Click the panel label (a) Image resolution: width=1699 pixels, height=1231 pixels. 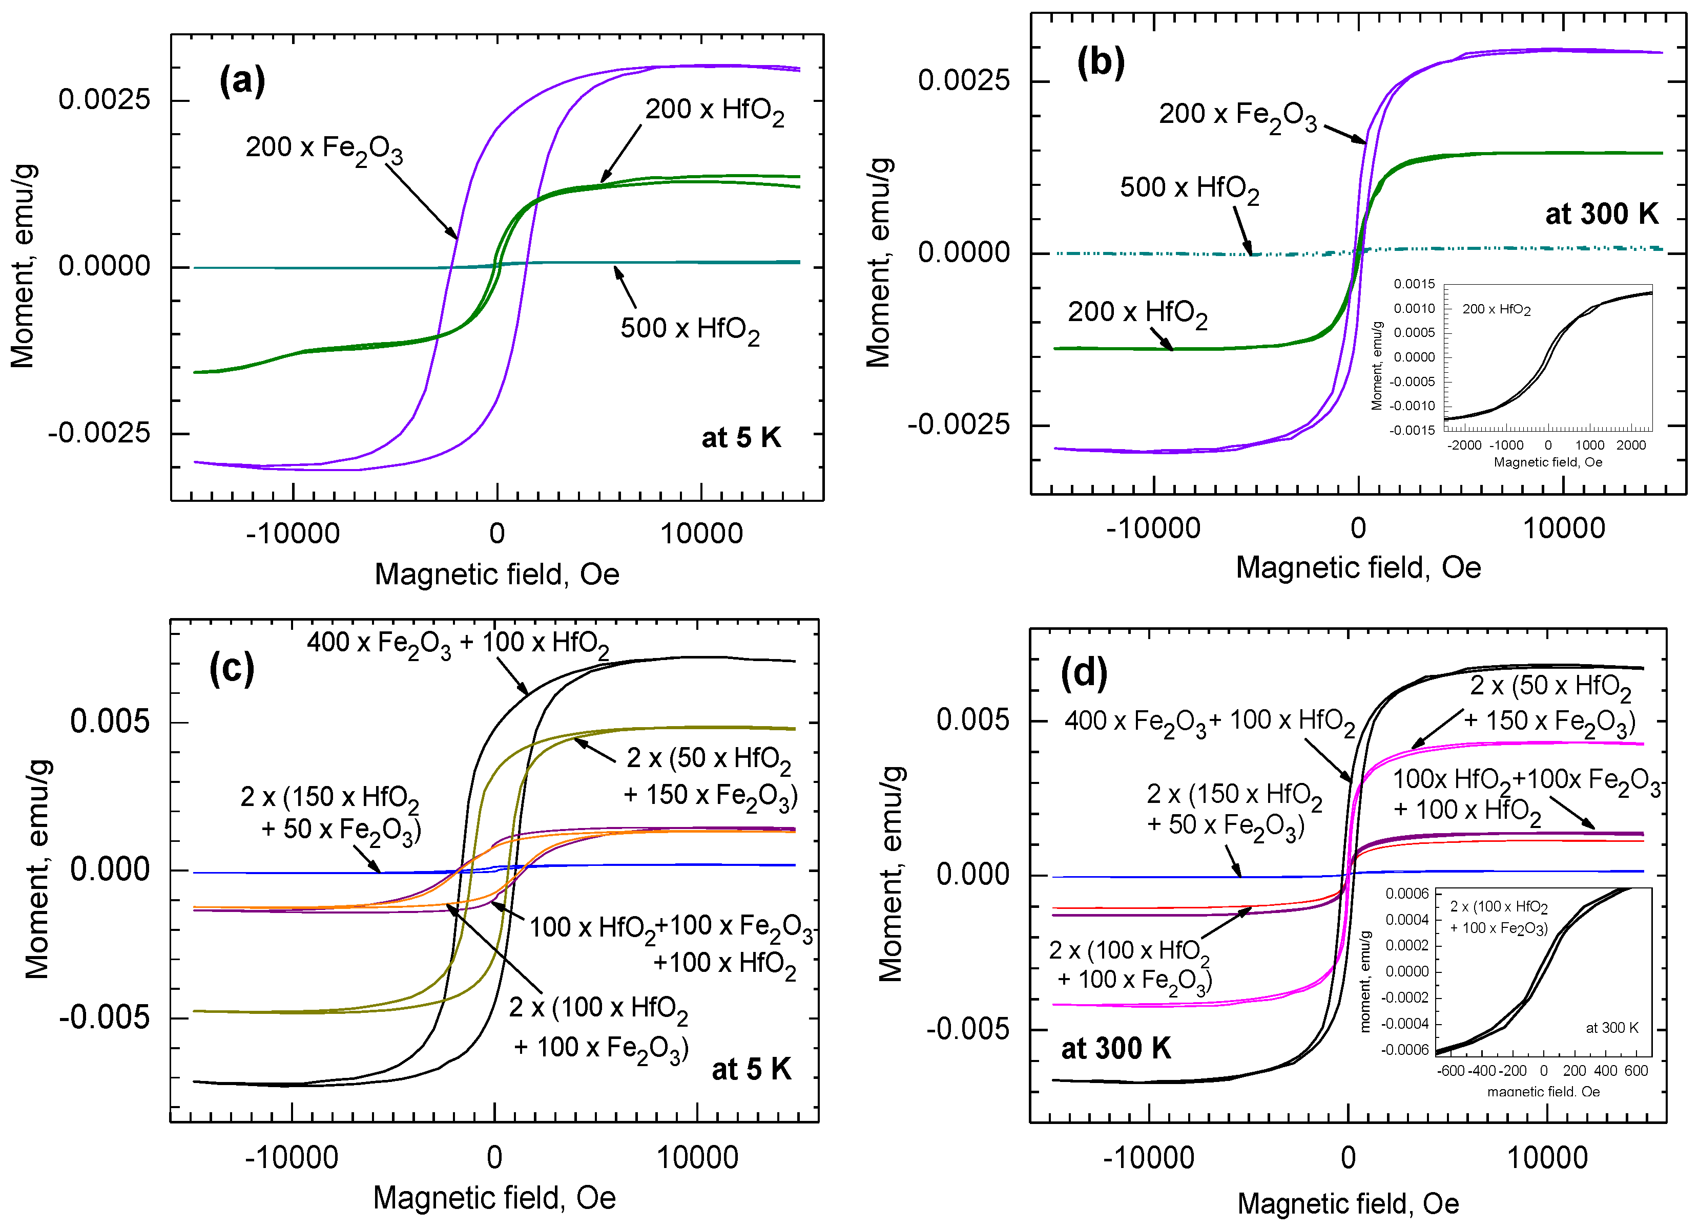[242, 80]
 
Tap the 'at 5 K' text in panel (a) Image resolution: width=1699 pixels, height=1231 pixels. [740, 437]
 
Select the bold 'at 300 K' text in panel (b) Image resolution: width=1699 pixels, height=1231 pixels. [1602, 214]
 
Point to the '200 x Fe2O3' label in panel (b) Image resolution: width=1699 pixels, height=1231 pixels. [1237, 116]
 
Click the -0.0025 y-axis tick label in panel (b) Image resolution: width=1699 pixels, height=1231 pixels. [958, 425]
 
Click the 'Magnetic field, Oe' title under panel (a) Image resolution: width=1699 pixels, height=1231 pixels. [496, 575]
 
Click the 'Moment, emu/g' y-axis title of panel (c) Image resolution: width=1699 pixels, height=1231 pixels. [37, 868]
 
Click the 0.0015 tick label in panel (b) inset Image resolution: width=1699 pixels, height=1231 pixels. [1414, 284]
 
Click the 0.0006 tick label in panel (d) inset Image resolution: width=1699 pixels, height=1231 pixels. [1407, 894]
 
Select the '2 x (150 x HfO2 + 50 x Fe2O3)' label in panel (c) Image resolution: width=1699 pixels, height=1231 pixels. [330, 813]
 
